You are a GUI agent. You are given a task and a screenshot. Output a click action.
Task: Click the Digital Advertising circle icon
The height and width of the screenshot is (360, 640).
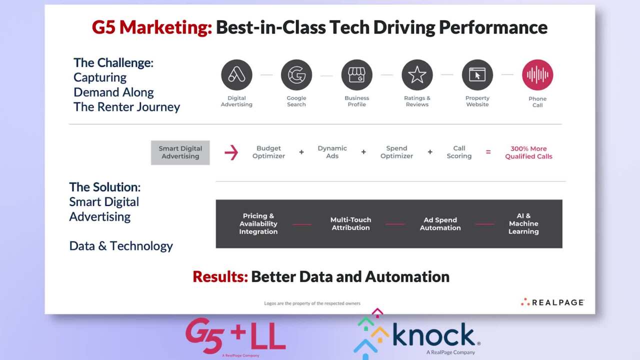[236, 75]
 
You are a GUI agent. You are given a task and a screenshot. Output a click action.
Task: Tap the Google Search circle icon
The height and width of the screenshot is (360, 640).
[296, 75]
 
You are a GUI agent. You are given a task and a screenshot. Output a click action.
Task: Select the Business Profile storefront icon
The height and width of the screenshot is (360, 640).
[357, 75]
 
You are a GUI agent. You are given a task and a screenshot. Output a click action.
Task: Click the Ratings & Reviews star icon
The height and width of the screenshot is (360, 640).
[417, 75]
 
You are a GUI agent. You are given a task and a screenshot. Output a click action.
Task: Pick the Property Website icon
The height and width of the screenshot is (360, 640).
[477, 75]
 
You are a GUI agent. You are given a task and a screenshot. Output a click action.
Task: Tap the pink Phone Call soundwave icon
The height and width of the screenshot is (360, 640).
[537, 75]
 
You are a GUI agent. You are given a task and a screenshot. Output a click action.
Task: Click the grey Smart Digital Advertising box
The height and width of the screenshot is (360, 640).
[180, 152]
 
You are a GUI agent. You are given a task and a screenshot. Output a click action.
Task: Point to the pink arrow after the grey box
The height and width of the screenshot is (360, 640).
[231, 152]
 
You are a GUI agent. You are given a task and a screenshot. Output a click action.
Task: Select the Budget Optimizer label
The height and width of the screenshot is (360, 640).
[268, 152]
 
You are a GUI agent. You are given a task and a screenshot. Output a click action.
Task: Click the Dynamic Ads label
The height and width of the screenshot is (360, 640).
[332, 152]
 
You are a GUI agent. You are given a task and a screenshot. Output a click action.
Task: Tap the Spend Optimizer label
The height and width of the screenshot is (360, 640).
[396, 152]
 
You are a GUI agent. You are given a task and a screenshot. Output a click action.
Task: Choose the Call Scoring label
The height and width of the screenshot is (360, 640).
[459, 152]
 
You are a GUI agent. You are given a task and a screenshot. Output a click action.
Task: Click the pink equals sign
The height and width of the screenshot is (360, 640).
[488, 152]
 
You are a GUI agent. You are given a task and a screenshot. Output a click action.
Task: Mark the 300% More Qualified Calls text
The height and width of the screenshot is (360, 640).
[528, 152]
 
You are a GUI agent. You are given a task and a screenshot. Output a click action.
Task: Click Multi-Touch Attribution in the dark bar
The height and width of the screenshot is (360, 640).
[350, 223]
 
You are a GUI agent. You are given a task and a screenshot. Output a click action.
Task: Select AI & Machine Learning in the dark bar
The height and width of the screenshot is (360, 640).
[523, 223]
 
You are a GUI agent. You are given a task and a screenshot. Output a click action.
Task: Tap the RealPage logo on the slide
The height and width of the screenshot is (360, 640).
[552, 302]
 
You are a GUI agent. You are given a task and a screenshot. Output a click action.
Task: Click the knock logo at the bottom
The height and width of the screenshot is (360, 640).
[417, 334]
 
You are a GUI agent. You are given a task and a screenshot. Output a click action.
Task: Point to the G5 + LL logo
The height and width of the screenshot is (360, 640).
[235, 335]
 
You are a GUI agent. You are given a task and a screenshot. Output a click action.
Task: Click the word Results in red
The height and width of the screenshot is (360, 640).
[220, 276]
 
